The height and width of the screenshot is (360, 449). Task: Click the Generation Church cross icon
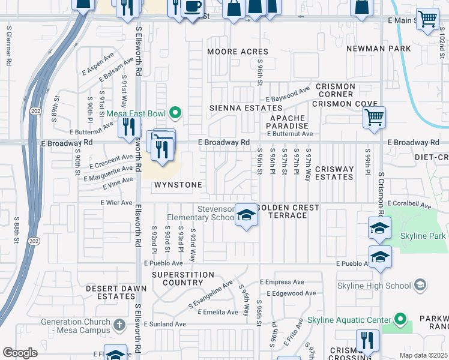(x=119, y=325)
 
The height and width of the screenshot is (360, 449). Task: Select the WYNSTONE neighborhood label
(x=178, y=185)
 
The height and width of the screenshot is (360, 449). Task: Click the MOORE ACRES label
(x=238, y=52)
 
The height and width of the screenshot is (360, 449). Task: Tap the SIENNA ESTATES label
(x=237, y=108)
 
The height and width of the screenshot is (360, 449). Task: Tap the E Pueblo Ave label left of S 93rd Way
(x=163, y=263)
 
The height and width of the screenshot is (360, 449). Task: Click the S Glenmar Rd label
(x=8, y=44)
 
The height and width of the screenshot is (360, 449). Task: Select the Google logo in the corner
(x=20, y=353)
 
